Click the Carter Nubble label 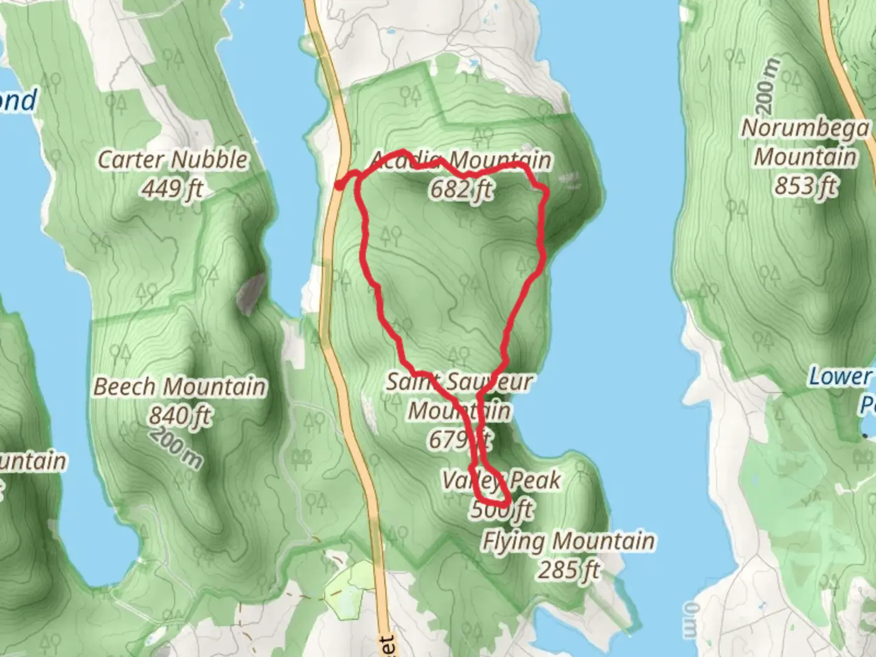pyautogui.click(x=173, y=160)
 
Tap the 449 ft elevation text pyautogui.click(x=173, y=189)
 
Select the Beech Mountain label pyautogui.click(x=179, y=387)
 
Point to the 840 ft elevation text pyautogui.click(x=180, y=416)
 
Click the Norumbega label pyautogui.click(x=805, y=128)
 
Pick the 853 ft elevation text pyautogui.click(x=805, y=186)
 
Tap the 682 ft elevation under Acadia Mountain pyautogui.click(x=461, y=190)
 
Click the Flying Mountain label pyautogui.click(x=568, y=541)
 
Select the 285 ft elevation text pyautogui.click(x=568, y=571)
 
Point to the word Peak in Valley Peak pyautogui.click(x=536, y=481)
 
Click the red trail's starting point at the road pyautogui.click(x=339, y=185)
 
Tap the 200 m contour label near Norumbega pyautogui.click(x=768, y=85)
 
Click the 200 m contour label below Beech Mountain pyautogui.click(x=177, y=447)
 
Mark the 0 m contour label pyautogui.click(x=692, y=620)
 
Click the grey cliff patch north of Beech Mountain pyautogui.click(x=251, y=294)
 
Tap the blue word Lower pyautogui.click(x=839, y=377)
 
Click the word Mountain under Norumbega pyautogui.click(x=805, y=157)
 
